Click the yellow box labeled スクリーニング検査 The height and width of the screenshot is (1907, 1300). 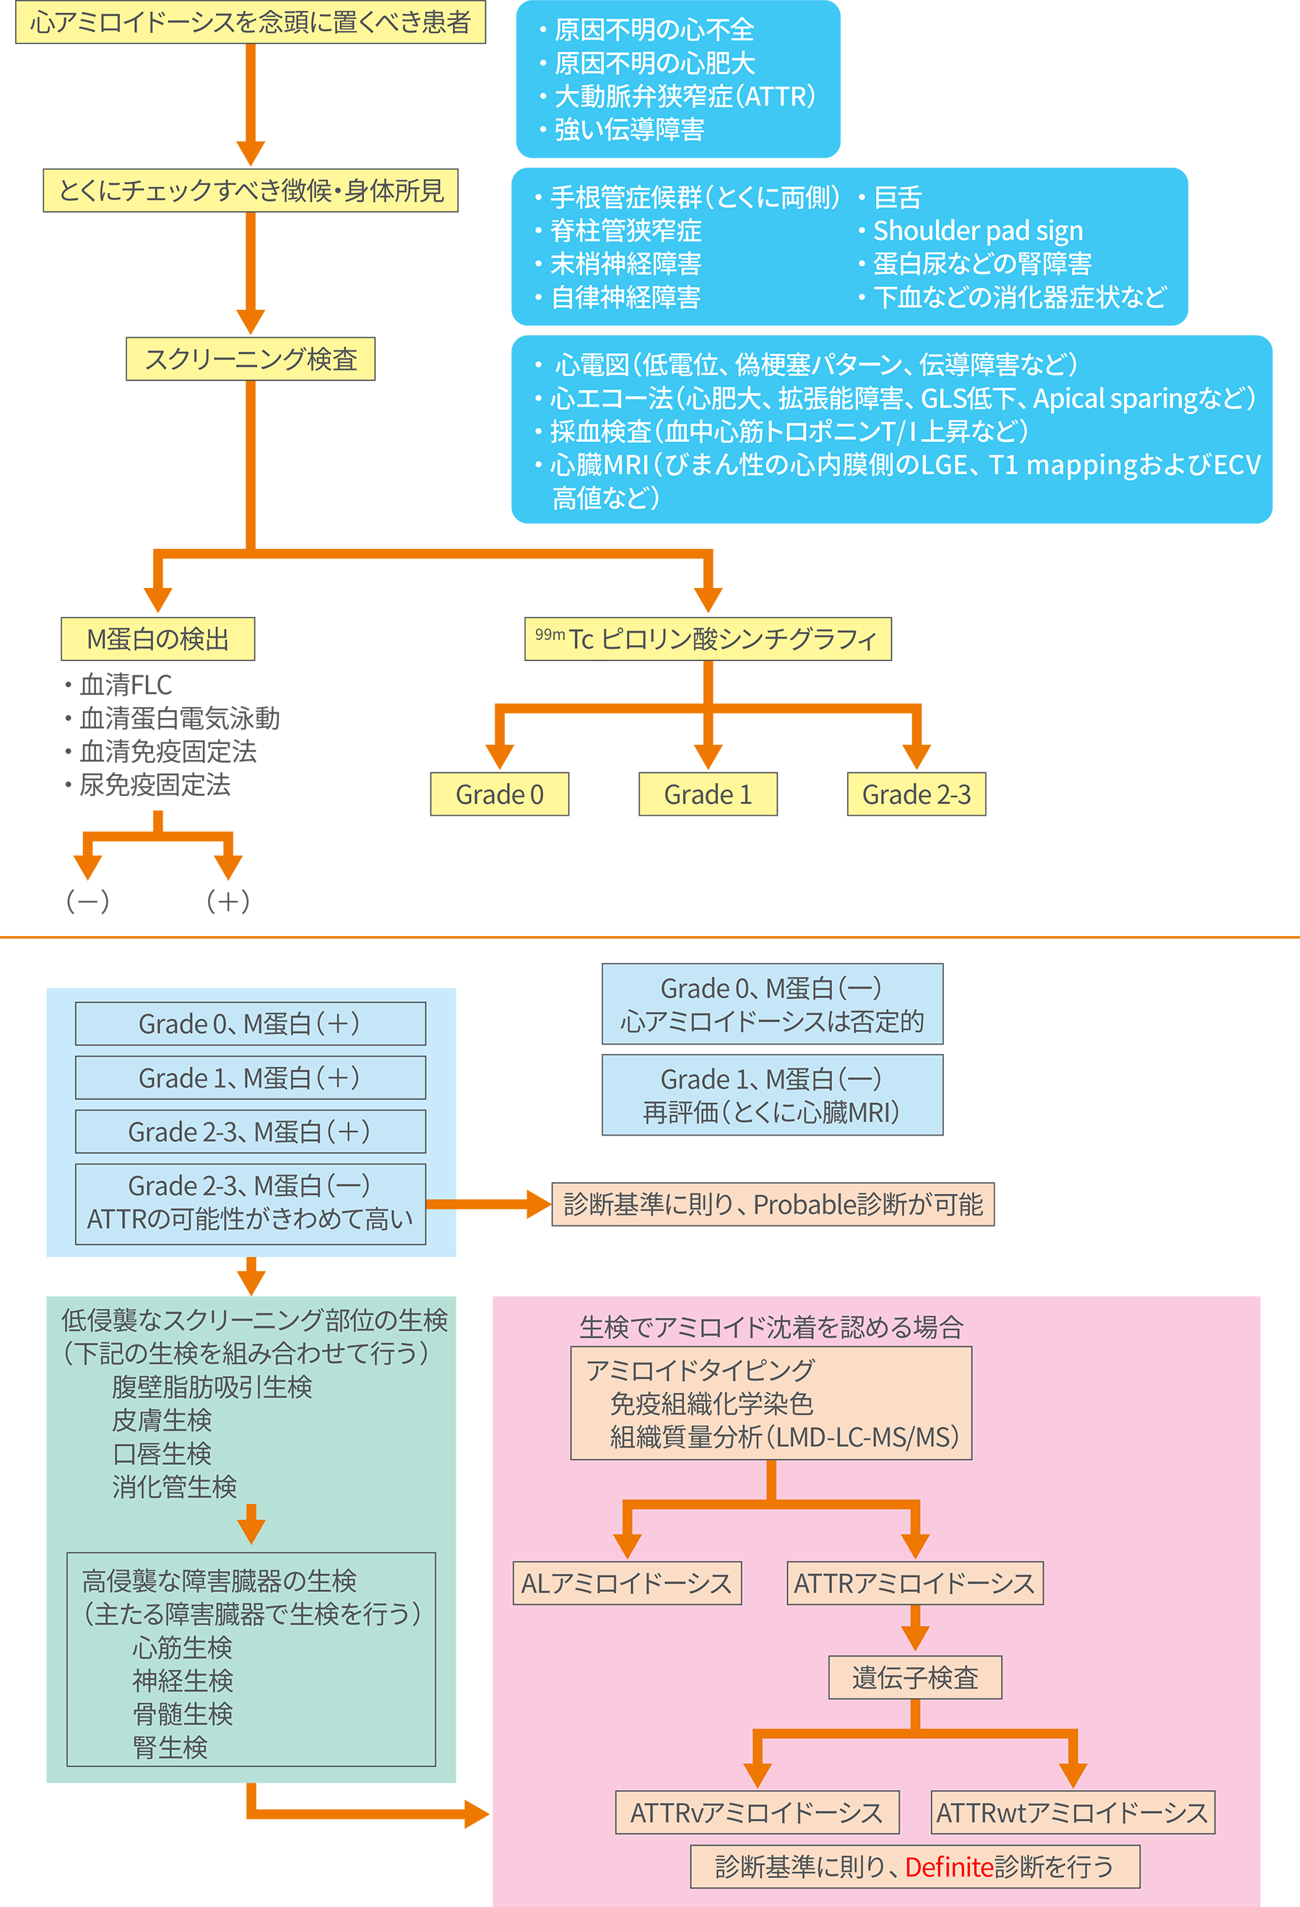click(x=250, y=358)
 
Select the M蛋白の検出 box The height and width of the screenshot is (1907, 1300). click(x=157, y=639)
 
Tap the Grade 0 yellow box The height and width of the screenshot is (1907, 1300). click(x=500, y=793)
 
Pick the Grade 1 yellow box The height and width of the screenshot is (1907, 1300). click(x=708, y=793)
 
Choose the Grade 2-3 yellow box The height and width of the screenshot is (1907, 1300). click(x=916, y=793)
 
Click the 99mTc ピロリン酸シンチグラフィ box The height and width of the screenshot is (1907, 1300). click(x=707, y=639)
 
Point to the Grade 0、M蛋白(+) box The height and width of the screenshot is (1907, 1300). click(x=250, y=1024)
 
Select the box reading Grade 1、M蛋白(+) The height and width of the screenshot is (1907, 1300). click(x=250, y=1078)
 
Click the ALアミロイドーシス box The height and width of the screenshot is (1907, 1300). click(x=627, y=1583)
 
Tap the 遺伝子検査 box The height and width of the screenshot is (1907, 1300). click(x=914, y=1677)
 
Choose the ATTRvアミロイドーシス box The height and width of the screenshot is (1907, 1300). click(x=756, y=1812)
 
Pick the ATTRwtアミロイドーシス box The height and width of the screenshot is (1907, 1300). click(x=1072, y=1812)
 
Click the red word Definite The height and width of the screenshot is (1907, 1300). click(x=949, y=1867)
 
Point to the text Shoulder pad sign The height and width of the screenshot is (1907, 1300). click(x=978, y=230)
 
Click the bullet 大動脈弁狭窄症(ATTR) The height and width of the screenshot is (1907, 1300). click(x=685, y=96)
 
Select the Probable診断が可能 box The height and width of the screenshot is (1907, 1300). click(x=773, y=1203)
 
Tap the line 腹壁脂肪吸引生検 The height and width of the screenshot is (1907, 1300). click(x=212, y=1387)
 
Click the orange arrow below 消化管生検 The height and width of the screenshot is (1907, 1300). click(x=251, y=1524)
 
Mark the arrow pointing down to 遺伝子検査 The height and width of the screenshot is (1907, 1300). click(x=914, y=1626)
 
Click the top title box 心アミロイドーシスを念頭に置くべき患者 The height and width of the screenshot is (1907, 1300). click(x=250, y=22)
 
